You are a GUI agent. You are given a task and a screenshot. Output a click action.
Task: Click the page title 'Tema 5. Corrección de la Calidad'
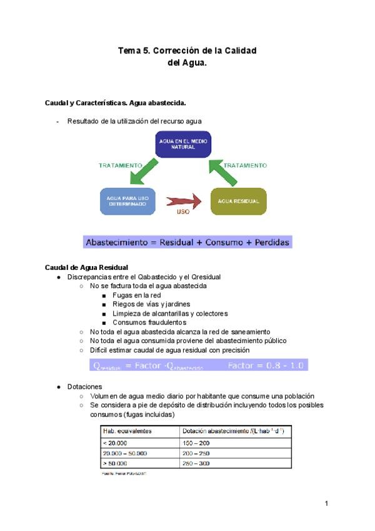187,50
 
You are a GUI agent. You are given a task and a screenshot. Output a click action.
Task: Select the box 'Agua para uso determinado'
127,201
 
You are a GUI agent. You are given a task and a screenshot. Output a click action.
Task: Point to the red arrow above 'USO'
183,202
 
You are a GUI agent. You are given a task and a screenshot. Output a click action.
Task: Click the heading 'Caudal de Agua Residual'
87,267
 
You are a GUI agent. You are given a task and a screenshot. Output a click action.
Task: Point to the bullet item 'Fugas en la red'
137,295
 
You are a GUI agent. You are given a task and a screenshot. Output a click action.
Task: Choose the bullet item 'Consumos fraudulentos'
149,322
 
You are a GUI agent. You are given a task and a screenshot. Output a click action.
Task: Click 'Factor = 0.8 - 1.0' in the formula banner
266,365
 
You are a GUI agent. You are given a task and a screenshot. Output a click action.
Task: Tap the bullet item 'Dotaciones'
84,387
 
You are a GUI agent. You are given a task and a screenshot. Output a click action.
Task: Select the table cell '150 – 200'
196,443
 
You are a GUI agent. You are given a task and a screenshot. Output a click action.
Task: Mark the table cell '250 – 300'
196,463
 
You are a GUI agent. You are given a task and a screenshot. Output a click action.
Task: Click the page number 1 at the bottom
326,503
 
